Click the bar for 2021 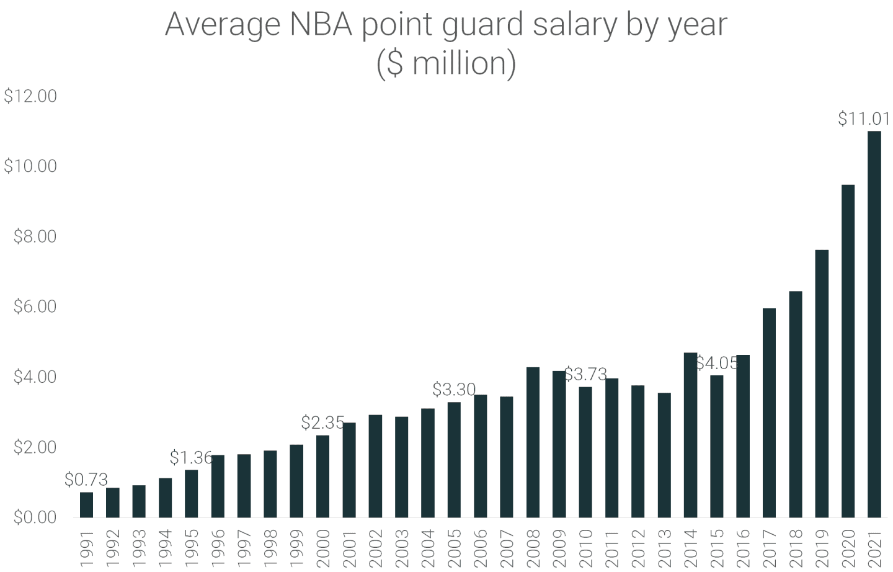(x=874, y=324)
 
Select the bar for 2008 (x=533, y=442)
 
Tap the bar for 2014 (x=690, y=435)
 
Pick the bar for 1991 (x=87, y=504)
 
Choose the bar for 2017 (x=769, y=413)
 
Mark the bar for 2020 (x=848, y=351)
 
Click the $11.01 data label (x=863, y=118)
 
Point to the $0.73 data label (x=86, y=480)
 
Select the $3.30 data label (x=454, y=390)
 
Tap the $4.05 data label (x=717, y=363)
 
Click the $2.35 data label (x=322, y=422)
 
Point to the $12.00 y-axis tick (x=30, y=96)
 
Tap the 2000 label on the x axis (x=323, y=547)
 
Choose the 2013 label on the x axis (x=664, y=547)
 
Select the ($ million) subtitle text (x=446, y=64)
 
